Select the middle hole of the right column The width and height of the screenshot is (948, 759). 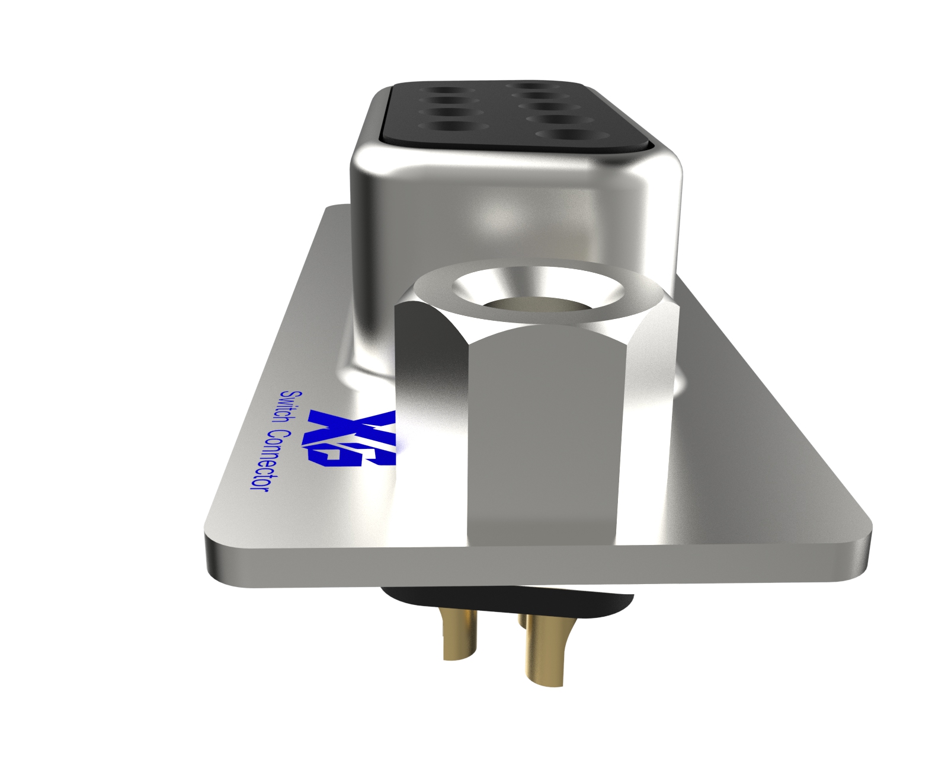coord(550,106)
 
